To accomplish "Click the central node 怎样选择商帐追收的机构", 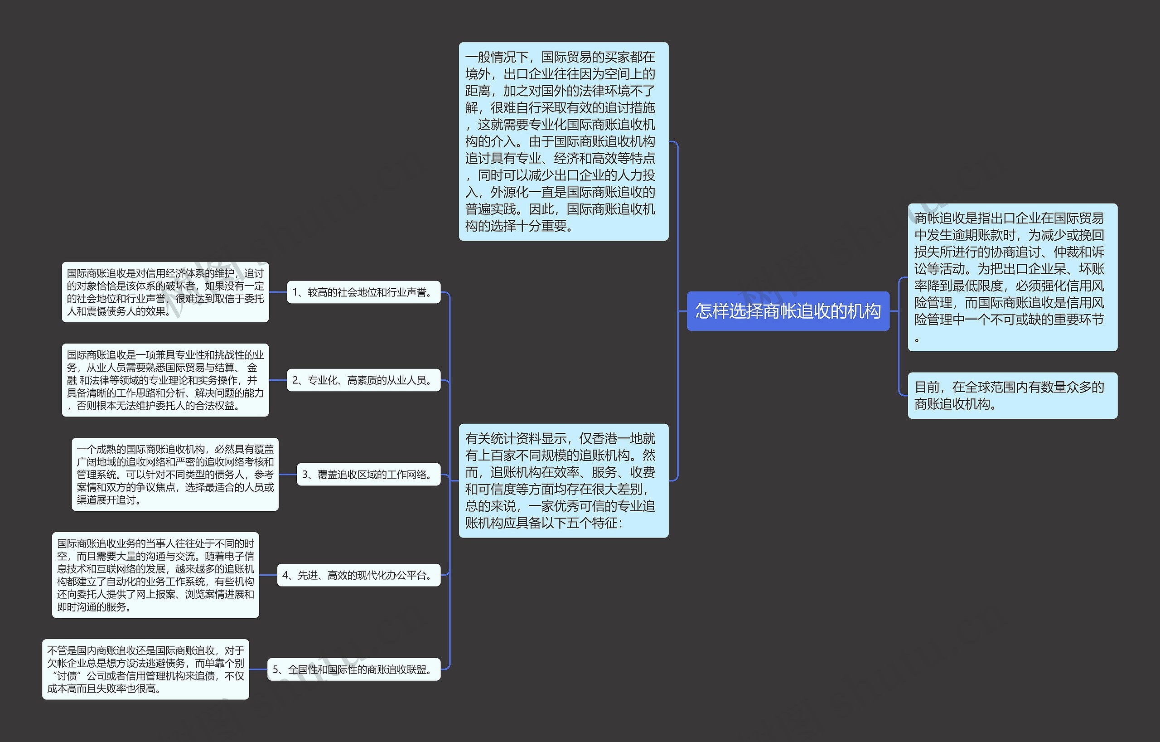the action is [788, 311].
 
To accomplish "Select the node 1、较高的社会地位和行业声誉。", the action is [364, 292].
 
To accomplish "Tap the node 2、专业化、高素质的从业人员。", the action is [364, 380].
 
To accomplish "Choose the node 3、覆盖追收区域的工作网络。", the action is [368, 475].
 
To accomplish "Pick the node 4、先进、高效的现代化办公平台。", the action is [359, 575].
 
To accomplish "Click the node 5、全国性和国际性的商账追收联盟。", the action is [354, 669].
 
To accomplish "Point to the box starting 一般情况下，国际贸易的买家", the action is [563, 141].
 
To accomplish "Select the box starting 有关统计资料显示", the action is [563, 480].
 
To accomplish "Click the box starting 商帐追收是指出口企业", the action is [1012, 277].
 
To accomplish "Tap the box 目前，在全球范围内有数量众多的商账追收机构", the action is [1012, 395].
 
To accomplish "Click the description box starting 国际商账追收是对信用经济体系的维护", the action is [165, 292].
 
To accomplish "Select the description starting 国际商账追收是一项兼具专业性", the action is [165, 380].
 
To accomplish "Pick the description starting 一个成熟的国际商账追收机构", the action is [175, 475].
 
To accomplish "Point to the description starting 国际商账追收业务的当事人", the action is [155, 575].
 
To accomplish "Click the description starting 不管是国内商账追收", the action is [145, 669].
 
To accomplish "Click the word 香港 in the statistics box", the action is [617, 439].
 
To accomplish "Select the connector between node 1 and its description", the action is [278, 292].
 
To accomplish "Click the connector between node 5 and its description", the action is [258, 669].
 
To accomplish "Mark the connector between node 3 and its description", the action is [288, 475].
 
